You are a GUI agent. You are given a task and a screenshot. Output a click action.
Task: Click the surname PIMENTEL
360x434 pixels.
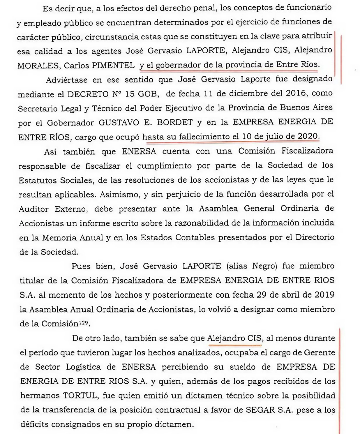[113, 65]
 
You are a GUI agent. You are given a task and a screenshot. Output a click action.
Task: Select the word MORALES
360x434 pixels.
[38, 66]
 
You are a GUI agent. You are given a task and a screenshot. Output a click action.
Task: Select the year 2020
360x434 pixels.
[308, 136]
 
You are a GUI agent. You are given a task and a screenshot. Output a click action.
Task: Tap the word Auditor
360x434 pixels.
[33, 209]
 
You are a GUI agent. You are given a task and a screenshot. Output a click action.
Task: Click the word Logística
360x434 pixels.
[83, 367]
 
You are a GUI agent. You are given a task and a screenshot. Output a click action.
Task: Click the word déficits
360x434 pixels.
[34, 424]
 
